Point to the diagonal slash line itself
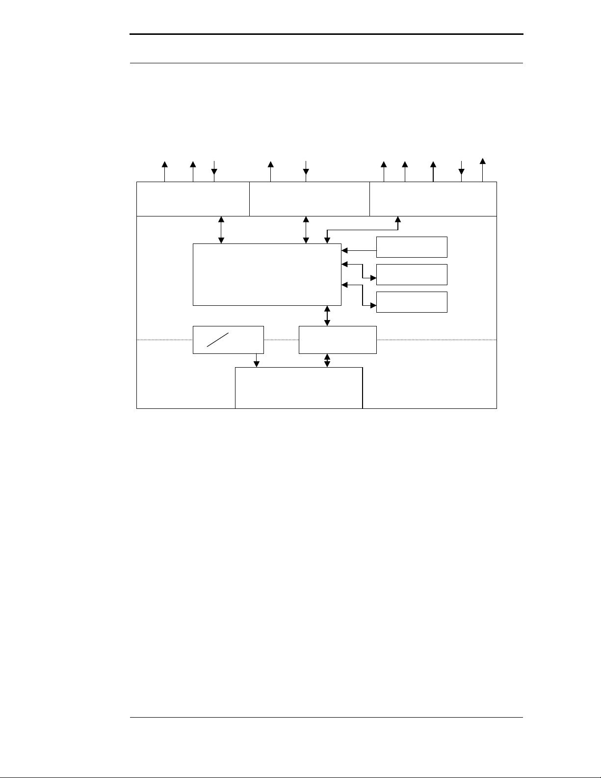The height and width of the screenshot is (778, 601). (218, 340)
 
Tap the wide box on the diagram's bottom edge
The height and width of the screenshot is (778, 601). (299, 387)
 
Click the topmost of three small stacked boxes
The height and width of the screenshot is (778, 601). (412, 247)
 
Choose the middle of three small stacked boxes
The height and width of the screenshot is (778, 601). (412, 274)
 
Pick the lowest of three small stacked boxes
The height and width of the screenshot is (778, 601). (412, 302)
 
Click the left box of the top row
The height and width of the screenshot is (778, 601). (193, 198)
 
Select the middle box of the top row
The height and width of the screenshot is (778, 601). (309, 198)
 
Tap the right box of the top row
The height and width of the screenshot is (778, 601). (433, 198)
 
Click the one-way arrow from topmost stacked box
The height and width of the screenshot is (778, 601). (359, 250)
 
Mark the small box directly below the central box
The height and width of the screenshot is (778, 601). (338, 339)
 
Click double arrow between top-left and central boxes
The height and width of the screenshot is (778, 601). (221, 229)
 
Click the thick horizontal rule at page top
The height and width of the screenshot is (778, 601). (326, 34)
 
